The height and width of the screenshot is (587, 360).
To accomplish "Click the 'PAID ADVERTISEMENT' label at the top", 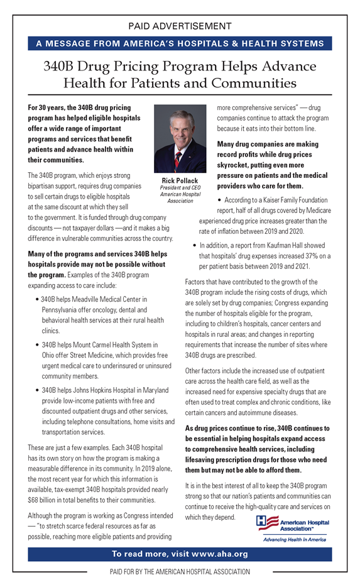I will (x=180, y=26).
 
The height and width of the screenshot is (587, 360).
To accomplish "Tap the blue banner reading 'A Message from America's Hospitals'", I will (x=180, y=44).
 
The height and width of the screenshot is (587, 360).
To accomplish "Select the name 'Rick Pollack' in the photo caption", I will (x=180, y=181).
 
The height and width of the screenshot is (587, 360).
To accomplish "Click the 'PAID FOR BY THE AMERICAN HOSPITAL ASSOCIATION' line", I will (x=180, y=572).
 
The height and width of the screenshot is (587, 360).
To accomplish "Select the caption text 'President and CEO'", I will (x=180, y=188).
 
